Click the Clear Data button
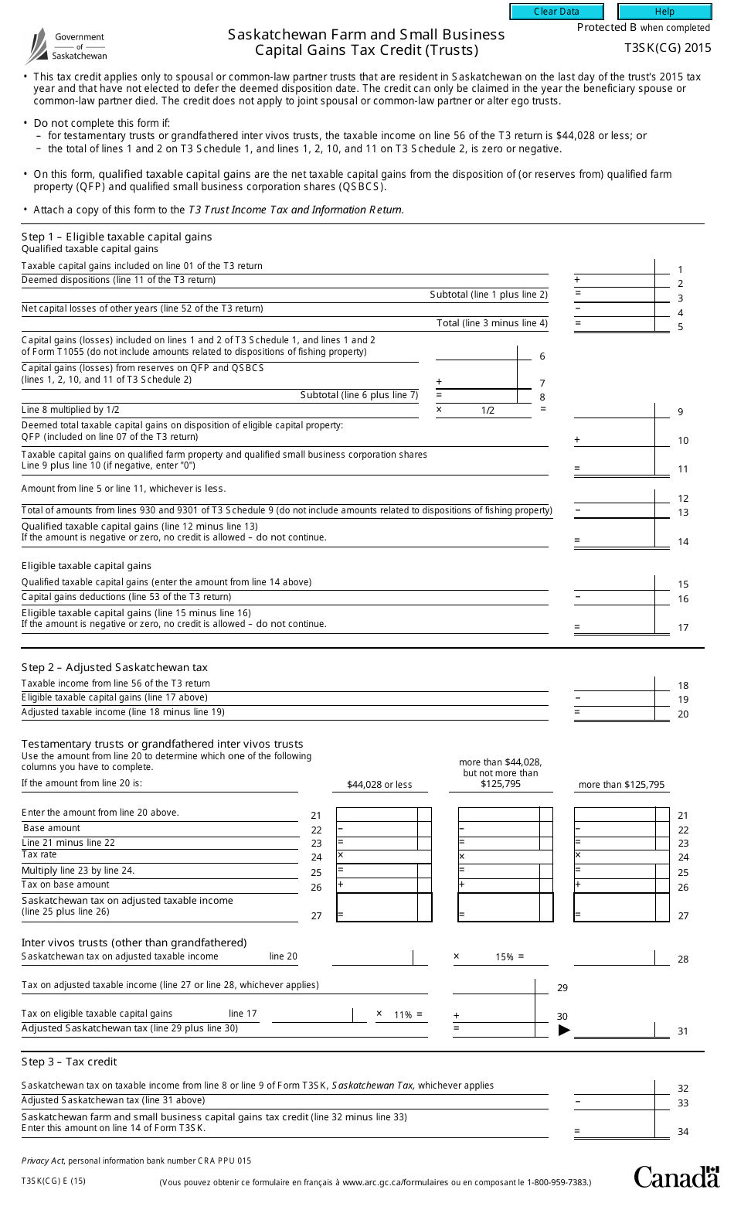[556, 12]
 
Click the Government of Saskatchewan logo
[66, 46]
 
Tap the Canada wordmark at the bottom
[676, 1177]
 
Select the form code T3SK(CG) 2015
[668, 48]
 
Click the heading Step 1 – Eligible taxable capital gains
[117, 237]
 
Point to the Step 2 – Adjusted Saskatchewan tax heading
[114, 667]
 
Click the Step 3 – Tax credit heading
[70, 1062]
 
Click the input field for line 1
[614, 267]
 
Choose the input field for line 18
[614, 683]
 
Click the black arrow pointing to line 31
[564, 1030]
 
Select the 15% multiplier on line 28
[505, 957]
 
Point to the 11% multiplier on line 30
[403, 1014]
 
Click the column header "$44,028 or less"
[379, 785]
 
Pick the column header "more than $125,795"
[621, 785]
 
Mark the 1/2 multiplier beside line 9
[488, 411]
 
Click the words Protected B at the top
[607, 28]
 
